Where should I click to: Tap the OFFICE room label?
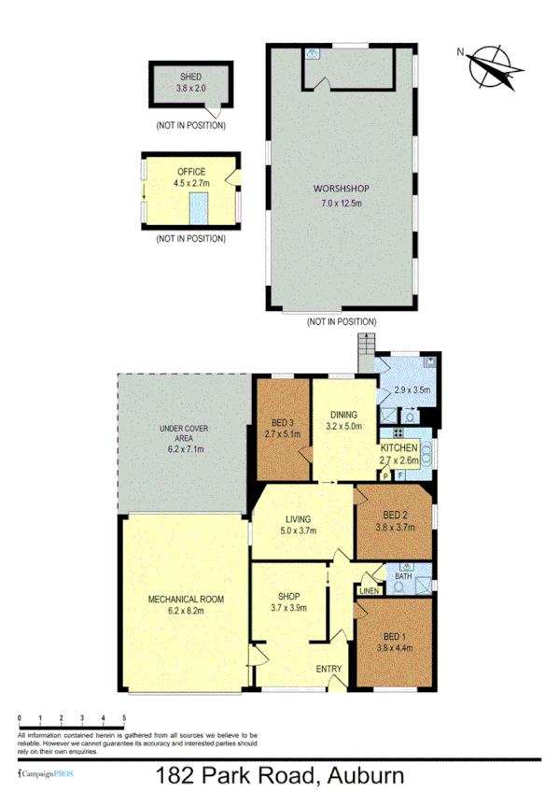pos(191,172)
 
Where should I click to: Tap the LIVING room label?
pos(298,519)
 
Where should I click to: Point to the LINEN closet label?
pos(369,591)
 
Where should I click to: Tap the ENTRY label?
pos(328,668)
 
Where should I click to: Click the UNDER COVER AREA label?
pos(184,433)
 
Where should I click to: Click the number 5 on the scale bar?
pos(124,717)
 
